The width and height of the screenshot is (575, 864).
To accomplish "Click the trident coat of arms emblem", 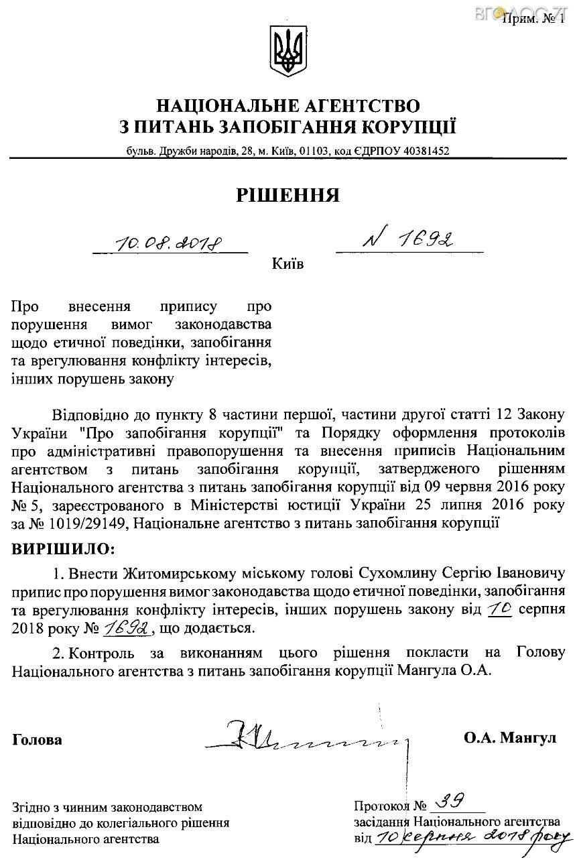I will click(287, 52).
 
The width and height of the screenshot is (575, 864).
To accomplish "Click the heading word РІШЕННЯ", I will click(287, 195).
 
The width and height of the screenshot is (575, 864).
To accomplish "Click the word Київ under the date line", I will click(287, 264).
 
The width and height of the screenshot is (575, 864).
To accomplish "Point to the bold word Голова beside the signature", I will click(37, 740).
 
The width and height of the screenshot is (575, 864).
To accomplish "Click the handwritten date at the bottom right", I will click(472, 837).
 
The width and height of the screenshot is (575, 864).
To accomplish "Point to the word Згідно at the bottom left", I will click(30, 807).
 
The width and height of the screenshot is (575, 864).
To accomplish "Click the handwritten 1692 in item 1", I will click(128, 629).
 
